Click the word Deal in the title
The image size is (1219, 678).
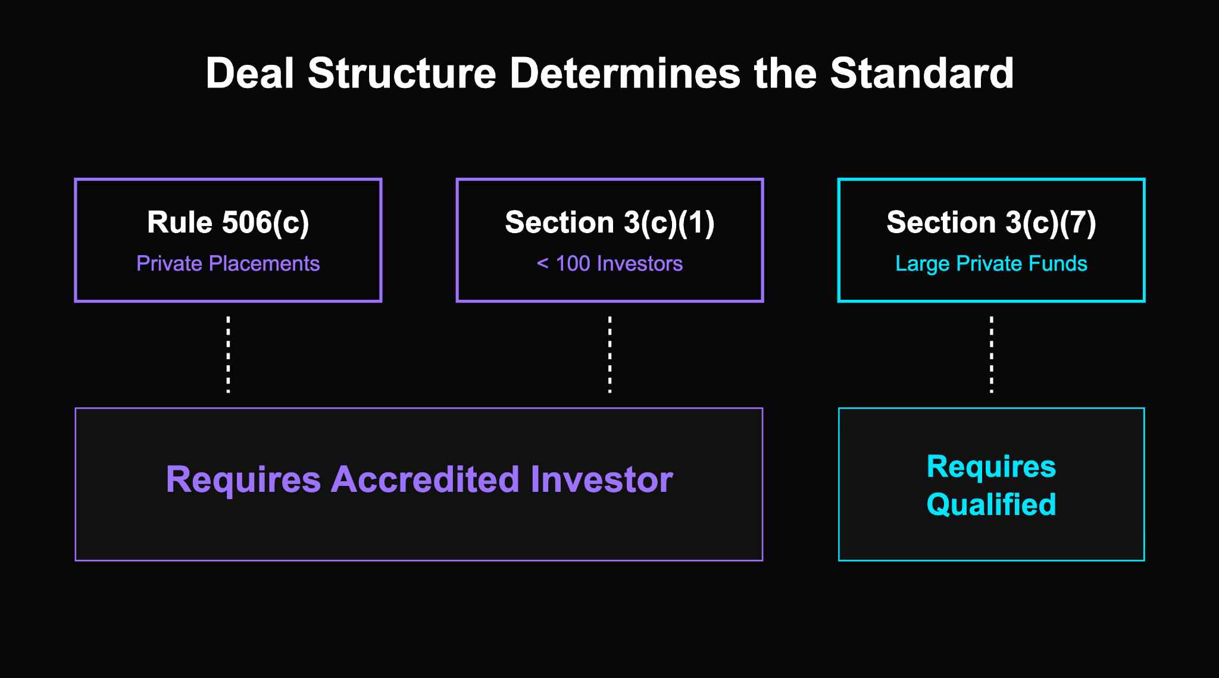coord(249,74)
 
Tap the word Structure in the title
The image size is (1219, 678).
coord(402,74)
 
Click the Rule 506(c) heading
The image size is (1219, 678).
coord(228,223)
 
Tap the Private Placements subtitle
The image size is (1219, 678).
coord(228,263)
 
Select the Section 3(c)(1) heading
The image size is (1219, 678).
coord(609,223)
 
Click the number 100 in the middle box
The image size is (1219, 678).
coord(573,263)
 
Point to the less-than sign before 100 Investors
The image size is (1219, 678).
coord(542,263)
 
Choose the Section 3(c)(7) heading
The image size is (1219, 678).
coord(991,223)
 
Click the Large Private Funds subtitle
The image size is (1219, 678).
coord(991,263)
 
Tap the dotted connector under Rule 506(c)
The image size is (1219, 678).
coord(228,354)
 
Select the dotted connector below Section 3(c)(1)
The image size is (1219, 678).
coord(609,354)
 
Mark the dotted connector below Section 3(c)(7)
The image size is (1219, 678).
coord(991,354)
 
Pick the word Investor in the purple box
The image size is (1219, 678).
coord(601,479)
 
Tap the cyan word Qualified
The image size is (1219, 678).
coord(991,505)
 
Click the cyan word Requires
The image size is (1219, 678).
coord(991,466)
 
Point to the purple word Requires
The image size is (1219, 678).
coord(243,479)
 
